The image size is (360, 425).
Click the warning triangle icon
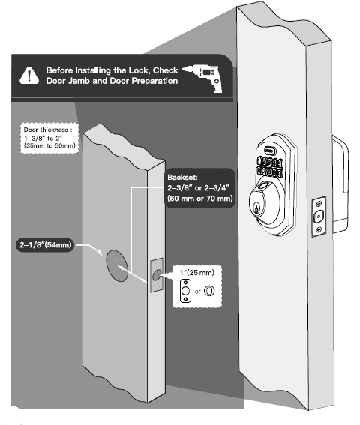(28, 75)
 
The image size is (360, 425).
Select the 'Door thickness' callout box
(50, 139)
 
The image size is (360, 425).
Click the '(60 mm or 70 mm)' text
(201, 199)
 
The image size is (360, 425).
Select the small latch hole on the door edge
(157, 276)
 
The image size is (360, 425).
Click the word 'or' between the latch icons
(197, 292)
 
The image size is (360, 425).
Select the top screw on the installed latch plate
(319, 202)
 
